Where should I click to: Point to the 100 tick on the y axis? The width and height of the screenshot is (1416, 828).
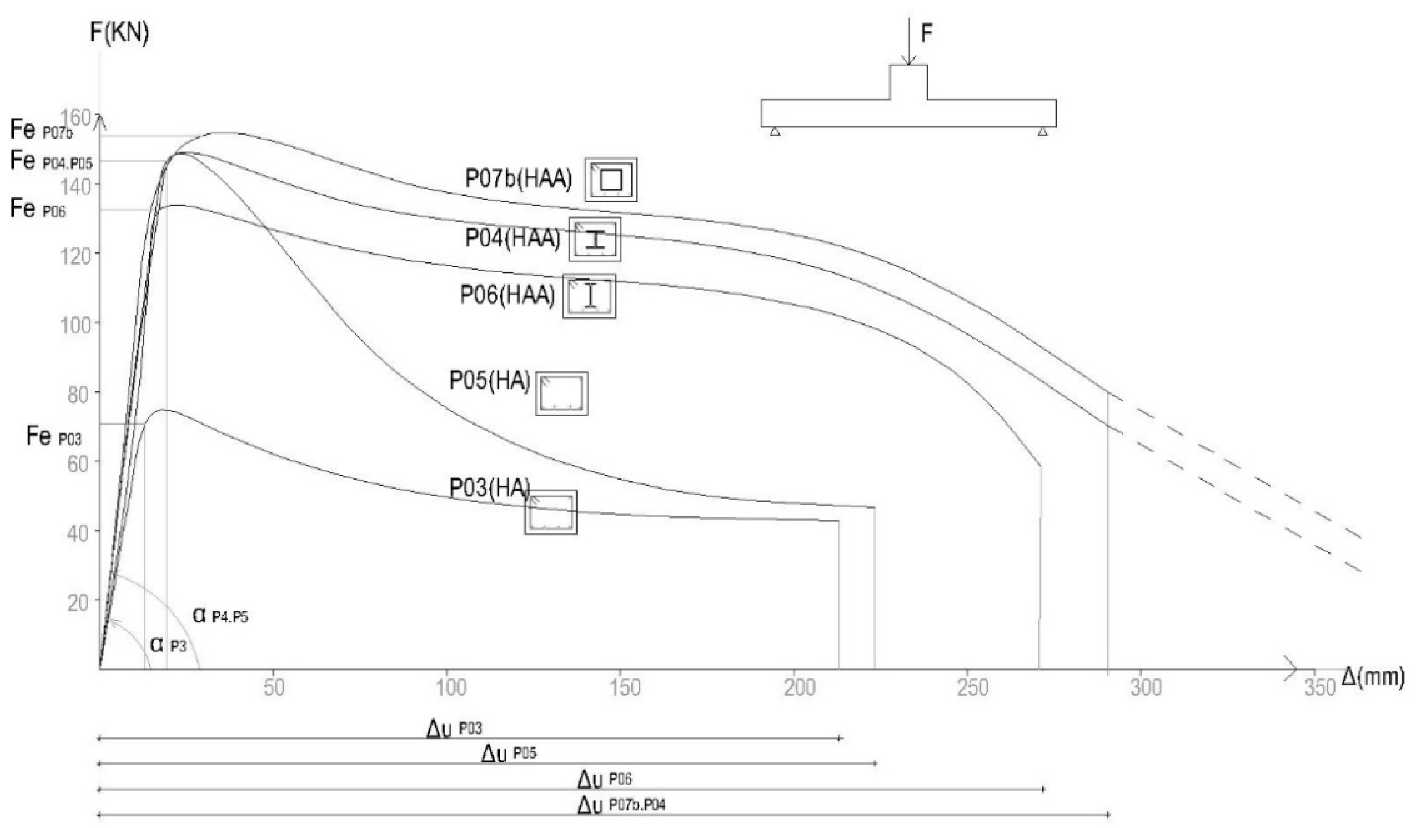[75, 324]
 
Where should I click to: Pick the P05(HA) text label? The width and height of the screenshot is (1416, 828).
[489, 381]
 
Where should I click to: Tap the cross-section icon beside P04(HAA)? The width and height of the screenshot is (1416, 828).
[594, 239]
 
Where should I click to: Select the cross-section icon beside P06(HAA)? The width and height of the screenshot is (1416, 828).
[589, 296]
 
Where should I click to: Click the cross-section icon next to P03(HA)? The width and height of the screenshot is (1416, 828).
[550, 511]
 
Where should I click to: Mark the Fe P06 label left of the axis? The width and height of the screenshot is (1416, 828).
[38, 209]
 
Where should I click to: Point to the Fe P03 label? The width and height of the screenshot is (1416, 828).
[53, 436]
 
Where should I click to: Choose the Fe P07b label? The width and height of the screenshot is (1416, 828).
[40, 130]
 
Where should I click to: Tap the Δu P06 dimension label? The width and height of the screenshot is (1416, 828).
[604, 780]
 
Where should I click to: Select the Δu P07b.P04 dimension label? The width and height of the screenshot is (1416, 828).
[621, 805]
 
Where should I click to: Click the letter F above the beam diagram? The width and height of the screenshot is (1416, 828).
[927, 34]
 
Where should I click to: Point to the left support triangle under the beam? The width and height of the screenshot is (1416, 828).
[775, 132]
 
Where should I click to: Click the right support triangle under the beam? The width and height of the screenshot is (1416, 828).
[1042, 132]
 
